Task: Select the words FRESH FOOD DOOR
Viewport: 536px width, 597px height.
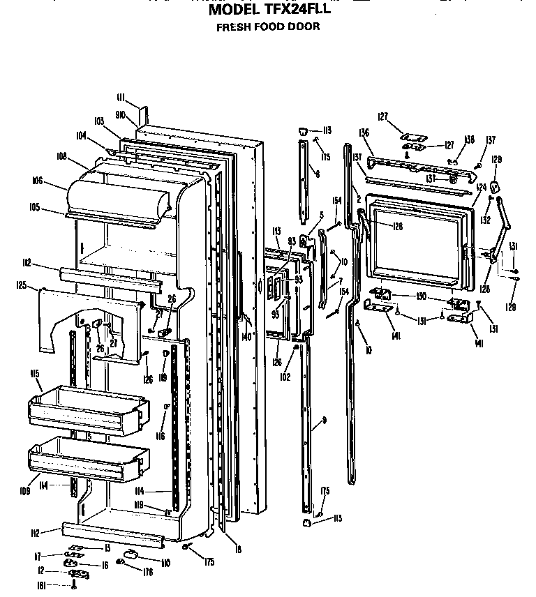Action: [x=268, y=27]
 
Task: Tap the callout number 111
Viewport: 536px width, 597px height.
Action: [x=120, y=97]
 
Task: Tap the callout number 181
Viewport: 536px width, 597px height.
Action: [x=43, y=586]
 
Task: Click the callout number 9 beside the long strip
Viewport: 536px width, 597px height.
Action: [x=324, y=422]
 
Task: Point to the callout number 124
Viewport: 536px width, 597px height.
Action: [x=481, y=187]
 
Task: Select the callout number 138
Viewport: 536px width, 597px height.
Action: [x=469, y=140]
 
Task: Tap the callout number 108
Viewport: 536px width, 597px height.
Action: [x=62, y=157]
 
